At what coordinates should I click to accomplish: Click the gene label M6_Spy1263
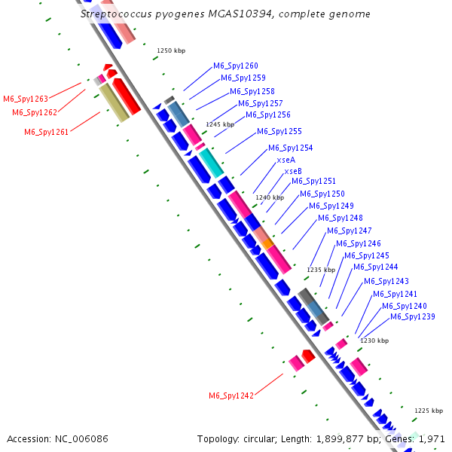tap(26, 99)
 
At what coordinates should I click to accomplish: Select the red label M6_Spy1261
tap(47, 132)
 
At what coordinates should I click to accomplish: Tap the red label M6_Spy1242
tap(231, 395)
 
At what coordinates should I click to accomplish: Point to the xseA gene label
tap(286, 160)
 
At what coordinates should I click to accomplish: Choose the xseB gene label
tap(293, 171)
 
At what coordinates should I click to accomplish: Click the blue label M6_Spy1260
tap(235, 66)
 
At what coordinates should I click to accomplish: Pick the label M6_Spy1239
tap(412, 316)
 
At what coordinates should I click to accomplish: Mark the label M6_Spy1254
tap(290, 148)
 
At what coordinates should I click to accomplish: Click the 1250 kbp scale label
tap(171, 51)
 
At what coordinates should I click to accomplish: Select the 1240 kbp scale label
tap(270, 197)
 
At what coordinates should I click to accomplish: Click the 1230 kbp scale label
tap(374, 341)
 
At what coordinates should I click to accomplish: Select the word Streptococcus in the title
tap(113, 14)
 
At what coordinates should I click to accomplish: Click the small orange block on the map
tap(267, 243)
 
